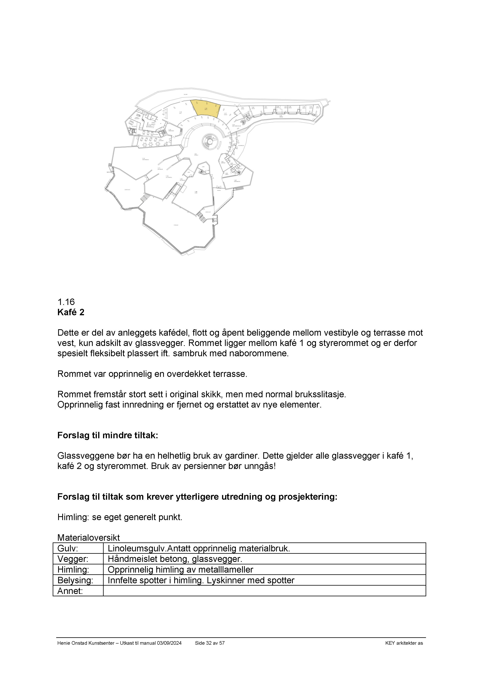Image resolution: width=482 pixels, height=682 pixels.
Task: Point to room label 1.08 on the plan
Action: click(196, 192)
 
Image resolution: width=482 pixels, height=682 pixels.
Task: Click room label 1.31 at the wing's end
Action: click(317, 107)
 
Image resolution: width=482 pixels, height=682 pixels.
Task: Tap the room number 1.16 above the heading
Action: click(66, 302)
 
